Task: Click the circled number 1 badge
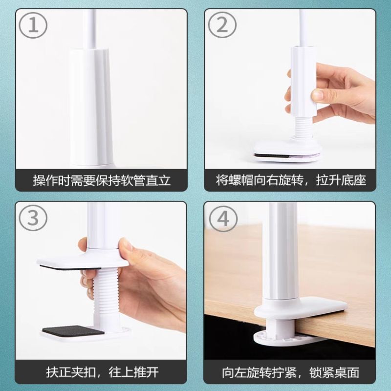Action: [33, 25]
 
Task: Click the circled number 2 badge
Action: [222, 25]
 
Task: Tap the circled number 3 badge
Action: [33, 218]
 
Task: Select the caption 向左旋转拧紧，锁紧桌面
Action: [291, 372]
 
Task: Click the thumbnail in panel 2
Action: [318, 94]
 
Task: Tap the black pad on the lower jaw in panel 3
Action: [73, 331]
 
